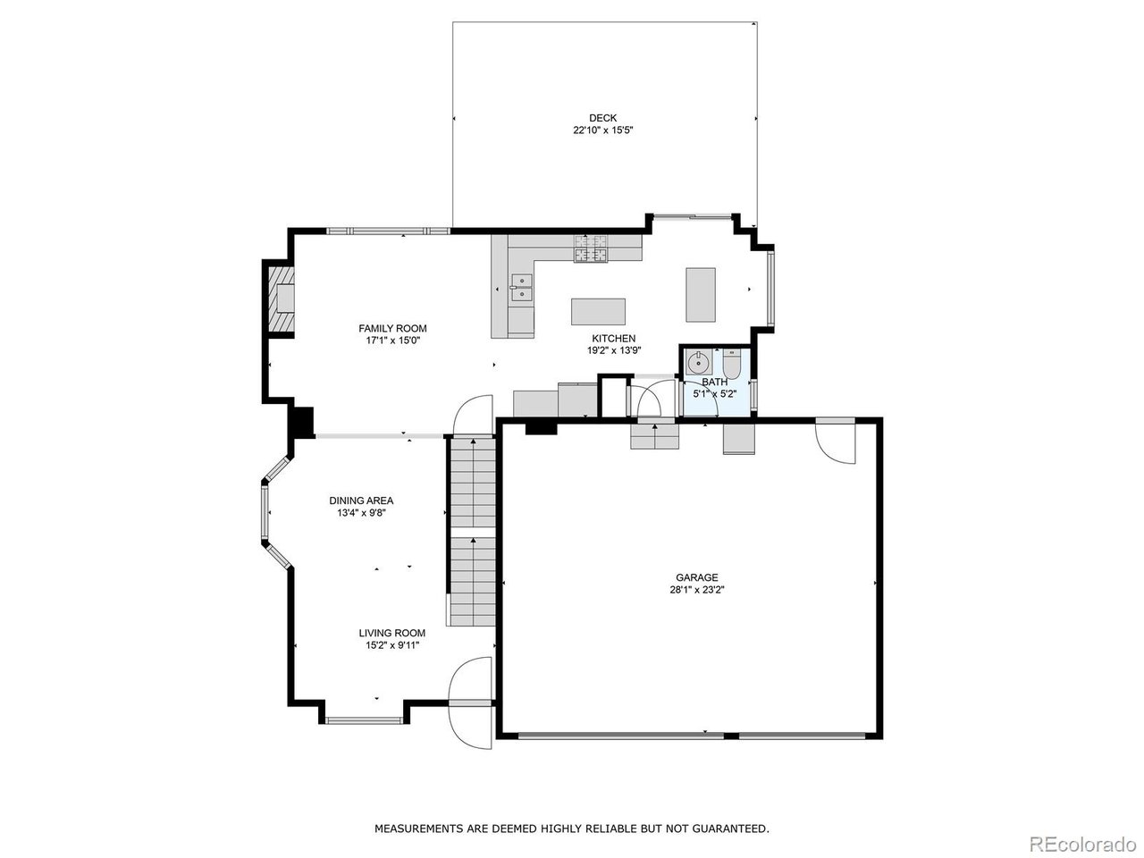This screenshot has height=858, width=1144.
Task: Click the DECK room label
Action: point(602,118)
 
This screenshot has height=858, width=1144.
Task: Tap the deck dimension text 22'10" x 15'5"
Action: point(602,130)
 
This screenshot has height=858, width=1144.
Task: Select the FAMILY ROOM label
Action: point(392,328)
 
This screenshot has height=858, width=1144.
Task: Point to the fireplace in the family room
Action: point(282,298)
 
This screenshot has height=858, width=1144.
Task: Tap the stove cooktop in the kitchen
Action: point(590,249)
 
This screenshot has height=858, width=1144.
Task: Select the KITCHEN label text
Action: point(614,339)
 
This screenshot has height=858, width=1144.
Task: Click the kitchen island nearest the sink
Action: point(598,311)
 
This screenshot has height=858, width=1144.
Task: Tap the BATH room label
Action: point(714,382)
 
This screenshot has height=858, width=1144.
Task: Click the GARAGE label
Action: point(696,577)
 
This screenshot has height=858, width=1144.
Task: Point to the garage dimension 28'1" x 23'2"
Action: point(696,590)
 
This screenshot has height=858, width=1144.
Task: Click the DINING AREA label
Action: point(361,500)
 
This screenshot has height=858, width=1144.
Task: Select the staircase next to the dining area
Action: point(472,532)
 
